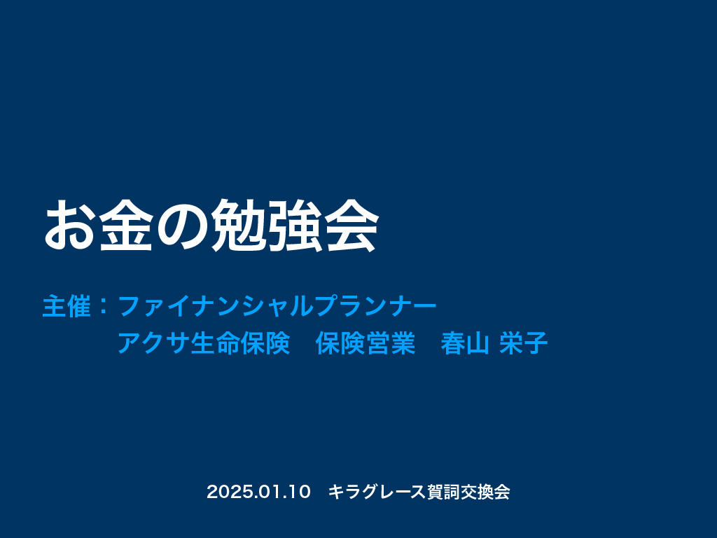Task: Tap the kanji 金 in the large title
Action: (x=126, y=225)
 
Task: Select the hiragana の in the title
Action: (x=182, y=226)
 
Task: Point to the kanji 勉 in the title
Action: (x=239, y=225)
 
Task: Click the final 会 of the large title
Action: (x=352, y=225)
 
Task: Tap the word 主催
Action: (x=67, y=306)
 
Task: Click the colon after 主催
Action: (x=104, y=307)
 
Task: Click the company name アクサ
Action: (x=153, y=343)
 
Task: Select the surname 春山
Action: (x=466, y=343)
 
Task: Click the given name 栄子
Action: (x=524, y=343)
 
